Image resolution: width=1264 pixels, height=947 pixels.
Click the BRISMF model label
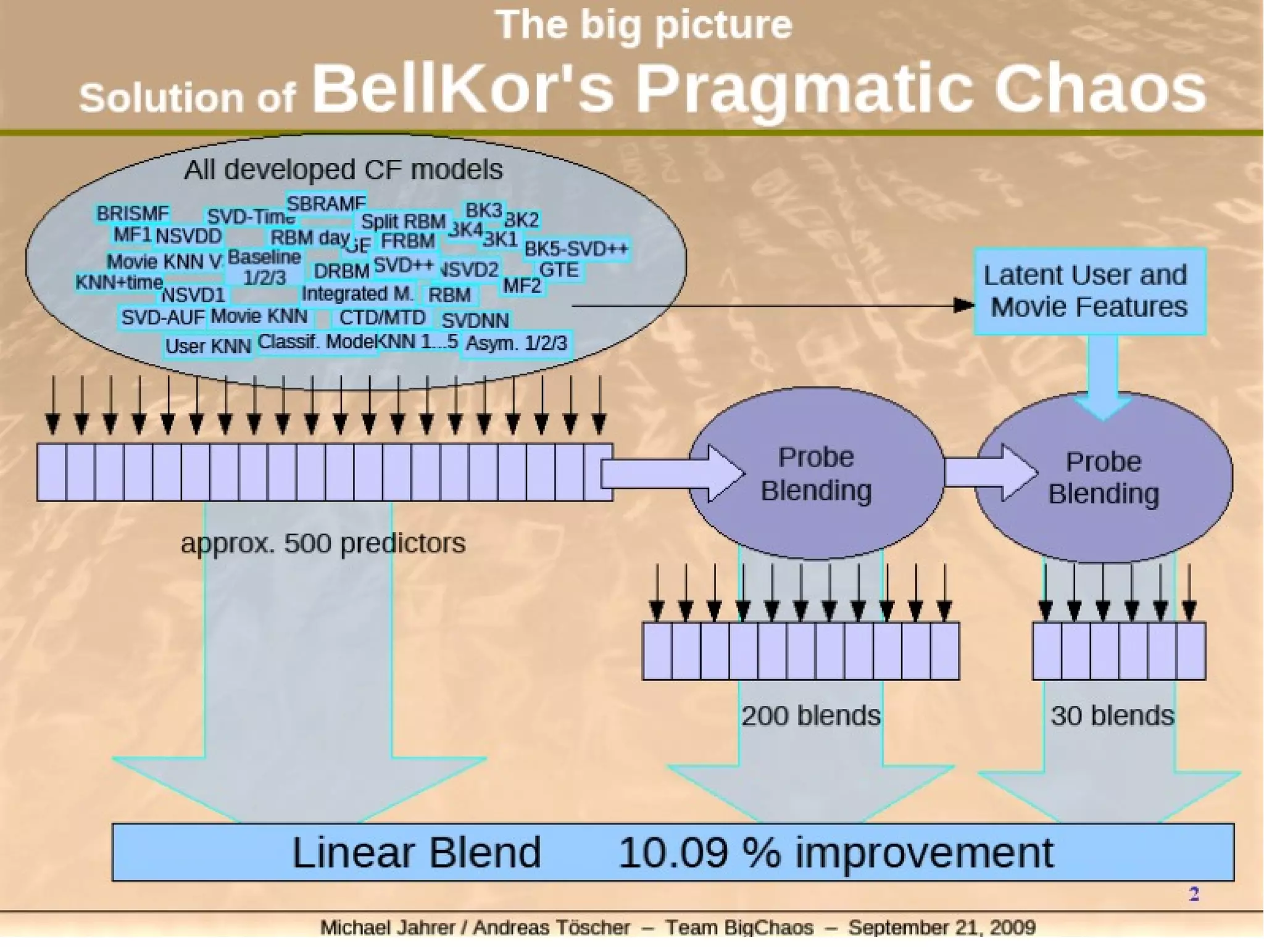[x=132, y=213]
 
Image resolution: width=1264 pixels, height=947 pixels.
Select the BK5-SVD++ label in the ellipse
[x=576, y=249]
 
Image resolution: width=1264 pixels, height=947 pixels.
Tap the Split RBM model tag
[x=403, y=221]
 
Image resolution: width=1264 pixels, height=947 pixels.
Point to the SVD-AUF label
[x=162, y=317]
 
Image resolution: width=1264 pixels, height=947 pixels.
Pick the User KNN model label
[x=208, y=346]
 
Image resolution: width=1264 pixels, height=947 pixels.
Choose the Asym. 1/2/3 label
[x=516, y=343]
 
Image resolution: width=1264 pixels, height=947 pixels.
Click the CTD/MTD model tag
[x=382, y=318]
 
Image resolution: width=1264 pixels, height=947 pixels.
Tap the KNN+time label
[x=119, y=283]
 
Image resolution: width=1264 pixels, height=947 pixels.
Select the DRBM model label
[x=341, y=271]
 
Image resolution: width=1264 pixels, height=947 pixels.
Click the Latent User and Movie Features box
[x=1089, y=291]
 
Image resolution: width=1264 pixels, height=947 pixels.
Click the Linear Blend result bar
[x=673, y=852]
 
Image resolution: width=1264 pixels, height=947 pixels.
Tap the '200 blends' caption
[x=811, y=716]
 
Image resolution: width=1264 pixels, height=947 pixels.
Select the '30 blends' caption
[x=1112, y=716]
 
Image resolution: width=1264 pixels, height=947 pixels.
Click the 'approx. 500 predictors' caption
[x=323, y=544]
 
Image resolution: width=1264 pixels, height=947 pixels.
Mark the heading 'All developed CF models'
[x=343, y=169]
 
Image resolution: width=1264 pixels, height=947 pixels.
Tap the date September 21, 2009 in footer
[x=942, y=927]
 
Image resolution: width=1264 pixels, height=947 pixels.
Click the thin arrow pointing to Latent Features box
[x=771, y=305]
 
